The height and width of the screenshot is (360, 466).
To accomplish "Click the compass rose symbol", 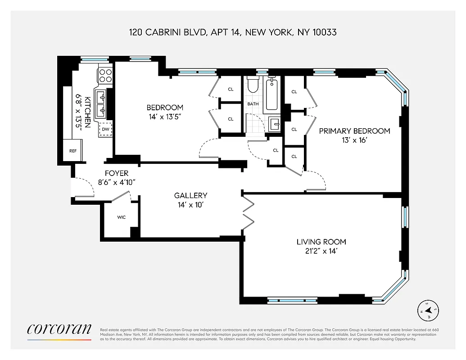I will pyautogui.click(x=429, y=310).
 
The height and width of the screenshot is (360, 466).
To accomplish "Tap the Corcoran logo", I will pyautogui.click(x=59, y=329).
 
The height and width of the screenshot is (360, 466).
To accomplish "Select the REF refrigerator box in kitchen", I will pyautogui.click(x=73, y=151).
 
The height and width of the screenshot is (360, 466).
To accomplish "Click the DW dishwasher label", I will pyautogui.click(x=105, y=129).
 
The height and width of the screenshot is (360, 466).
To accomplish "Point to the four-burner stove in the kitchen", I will pyautogui.click(x=105, y=75).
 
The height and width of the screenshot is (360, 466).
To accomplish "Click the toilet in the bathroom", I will pyautogui.click(x=253, y=85).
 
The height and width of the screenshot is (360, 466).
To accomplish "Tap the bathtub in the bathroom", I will pyautogui.click(x=271, y=94).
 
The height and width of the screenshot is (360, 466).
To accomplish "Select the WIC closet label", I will pyautogui.click(x=121, y=217).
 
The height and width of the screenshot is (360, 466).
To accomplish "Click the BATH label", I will pyautogui.click(x=253, y=104).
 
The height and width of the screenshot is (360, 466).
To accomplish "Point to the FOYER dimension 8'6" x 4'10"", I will pyautogui.click(x=117, y=182).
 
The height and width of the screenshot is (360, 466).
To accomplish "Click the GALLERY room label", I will pyautogui.click(x=190, y=195).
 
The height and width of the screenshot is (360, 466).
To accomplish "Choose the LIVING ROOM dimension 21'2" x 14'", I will pyautogui.click(x=321, y=251).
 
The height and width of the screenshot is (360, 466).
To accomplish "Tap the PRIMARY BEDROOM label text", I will pyautogui.click(x=354, y=131).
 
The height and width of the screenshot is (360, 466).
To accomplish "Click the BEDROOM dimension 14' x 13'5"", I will pyautogui.click(x=165, y=117).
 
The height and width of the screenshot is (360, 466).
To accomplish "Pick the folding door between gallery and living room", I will pyautogui.click(x=249, y=211).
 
